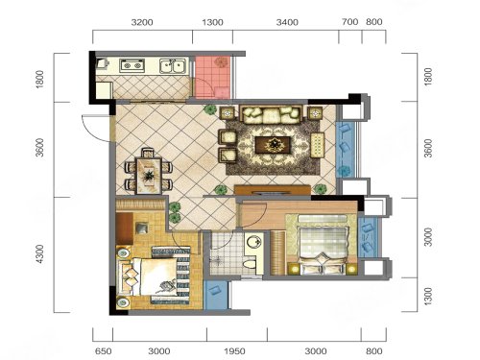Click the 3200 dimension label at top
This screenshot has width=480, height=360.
click(142, 22)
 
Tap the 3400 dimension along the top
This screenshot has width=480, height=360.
click(287, 22)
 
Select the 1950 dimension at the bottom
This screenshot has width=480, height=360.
click(234, 351)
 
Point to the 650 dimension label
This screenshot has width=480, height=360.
click(104, 351)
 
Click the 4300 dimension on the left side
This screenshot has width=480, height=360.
click(39, 254)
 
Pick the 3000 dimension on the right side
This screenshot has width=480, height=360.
click(428, 237)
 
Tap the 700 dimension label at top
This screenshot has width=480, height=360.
click(349, 22)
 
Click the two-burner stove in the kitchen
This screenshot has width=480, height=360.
click(132, 65)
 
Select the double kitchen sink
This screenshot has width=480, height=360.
click(173, 65)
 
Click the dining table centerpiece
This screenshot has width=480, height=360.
click(149, 176)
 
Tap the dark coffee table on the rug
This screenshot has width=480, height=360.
click(273, 146)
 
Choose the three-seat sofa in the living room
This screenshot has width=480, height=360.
click(272, 115)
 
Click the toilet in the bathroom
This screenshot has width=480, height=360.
click(250, 264)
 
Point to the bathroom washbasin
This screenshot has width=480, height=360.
click(253, 242)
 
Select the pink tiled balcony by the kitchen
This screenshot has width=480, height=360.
click(212, 78)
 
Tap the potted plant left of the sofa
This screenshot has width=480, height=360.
click(210, 110)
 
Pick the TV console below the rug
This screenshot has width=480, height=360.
click(273, 190)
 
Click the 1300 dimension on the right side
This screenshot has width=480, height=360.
click(428, 296)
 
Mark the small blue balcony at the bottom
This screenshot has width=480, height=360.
click(216, 295)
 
